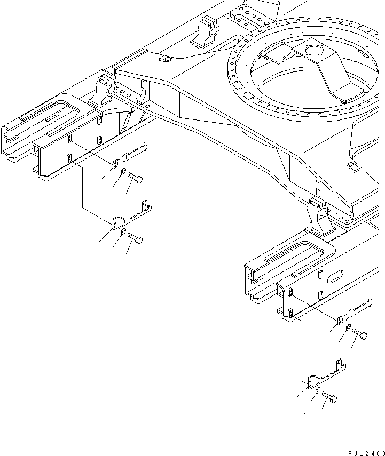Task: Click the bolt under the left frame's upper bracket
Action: (135, 181)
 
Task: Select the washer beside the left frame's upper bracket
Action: (124, 171)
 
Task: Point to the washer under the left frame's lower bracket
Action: (123, 231)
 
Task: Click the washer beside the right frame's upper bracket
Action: (348, 327)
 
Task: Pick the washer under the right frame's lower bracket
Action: (318, 391)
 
